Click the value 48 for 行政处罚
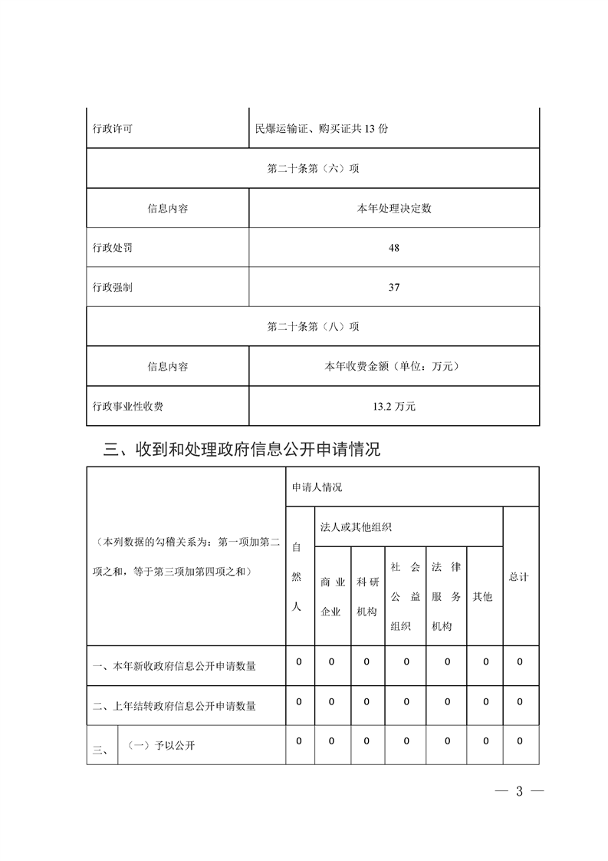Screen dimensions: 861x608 (x=394, y=249)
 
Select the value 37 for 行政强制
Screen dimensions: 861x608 (x=394, y=288)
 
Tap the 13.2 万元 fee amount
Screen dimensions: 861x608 (x=394, y=407)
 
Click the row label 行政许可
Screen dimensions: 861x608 (x=112, y=129)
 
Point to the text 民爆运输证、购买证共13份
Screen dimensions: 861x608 (x=321, y=129)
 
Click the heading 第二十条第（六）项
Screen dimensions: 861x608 (x=313, y=169)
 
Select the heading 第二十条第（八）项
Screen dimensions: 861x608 (x=313, y=327)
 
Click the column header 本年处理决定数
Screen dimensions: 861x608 (x=394, y=209)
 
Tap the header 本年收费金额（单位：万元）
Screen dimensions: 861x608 (x=394, y=367)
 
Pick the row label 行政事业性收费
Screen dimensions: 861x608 (x=127, y=407)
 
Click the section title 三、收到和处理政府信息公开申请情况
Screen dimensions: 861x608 (x=242, y=450)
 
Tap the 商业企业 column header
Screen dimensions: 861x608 (x=331, y=596)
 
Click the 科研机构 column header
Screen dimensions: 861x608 (x=367, y=596)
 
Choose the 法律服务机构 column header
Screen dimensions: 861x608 (x=445, y=596)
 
